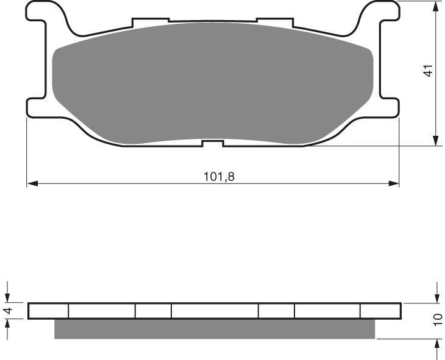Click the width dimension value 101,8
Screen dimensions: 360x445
point(218,177)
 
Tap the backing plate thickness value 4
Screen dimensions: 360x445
point(8,311)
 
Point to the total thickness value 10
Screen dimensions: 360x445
point(438,320)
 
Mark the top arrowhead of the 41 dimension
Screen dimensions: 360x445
point(436,6)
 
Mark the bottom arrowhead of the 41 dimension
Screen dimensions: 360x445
point(436,141)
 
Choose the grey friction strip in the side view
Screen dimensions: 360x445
point(215,329)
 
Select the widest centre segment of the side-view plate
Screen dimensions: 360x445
point(215,311)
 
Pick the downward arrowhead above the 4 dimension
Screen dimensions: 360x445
point(8,297)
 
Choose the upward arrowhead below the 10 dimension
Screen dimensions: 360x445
point(437,344)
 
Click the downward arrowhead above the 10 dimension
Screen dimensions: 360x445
point(437,297)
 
